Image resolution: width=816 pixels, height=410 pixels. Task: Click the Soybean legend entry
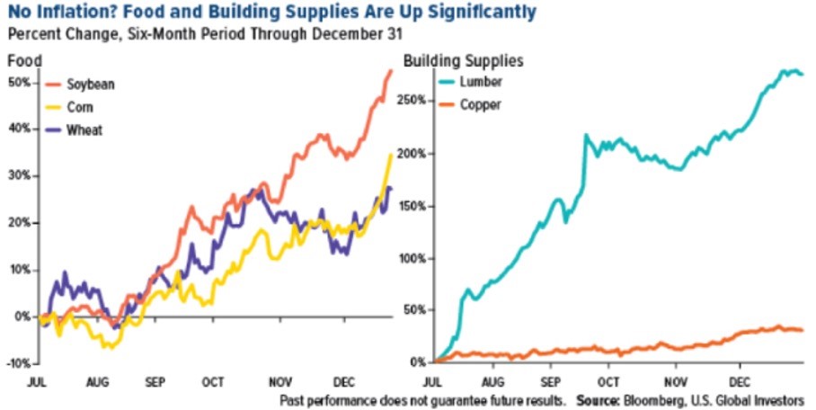tap(92, 84)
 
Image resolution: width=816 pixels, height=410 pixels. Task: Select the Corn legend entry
tap(84, 106)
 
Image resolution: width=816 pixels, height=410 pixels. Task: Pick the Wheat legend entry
tap(86, 129)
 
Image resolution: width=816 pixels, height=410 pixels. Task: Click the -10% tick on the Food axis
tap(18, 363)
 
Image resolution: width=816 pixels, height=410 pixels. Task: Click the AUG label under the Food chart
tap(98, 382)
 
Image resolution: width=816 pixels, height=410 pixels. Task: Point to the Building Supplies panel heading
tap(464, 61)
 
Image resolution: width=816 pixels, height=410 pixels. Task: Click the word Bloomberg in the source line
tap(664, 398)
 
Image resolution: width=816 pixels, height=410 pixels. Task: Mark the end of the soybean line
tap(391, 70)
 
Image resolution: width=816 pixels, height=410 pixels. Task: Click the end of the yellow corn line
tap(390, 155)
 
